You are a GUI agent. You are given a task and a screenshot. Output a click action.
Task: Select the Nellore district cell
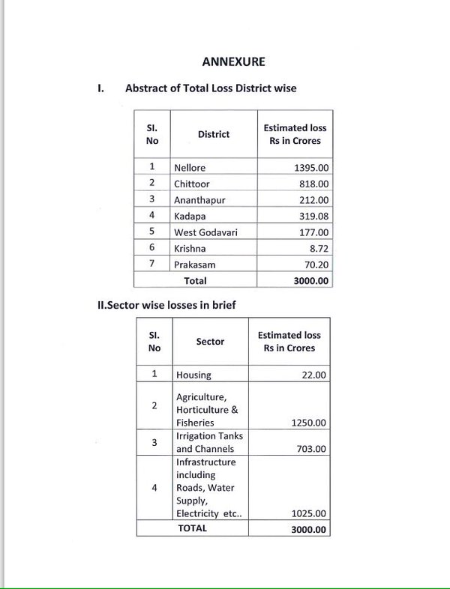point(189,168)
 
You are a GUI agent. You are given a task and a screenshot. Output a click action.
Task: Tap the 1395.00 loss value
point(307,168)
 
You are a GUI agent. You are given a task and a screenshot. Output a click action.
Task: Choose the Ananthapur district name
point(199,200)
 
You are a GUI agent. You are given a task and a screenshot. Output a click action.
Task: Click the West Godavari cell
point(206,232)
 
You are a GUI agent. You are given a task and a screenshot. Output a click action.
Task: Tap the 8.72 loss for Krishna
point(318,248)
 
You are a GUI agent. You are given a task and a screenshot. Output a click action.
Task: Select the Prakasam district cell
point(195,265)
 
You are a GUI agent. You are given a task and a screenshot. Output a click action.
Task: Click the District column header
point(214,134)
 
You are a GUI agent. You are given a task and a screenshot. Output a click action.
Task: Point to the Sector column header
point(210,342)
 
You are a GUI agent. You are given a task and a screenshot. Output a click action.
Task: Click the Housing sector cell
point(193,375)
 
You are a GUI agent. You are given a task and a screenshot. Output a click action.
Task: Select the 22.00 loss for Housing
point(313,375)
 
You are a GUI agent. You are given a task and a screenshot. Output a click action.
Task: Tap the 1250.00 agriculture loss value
point(307,423)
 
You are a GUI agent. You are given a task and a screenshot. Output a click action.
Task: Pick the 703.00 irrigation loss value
point(311,449)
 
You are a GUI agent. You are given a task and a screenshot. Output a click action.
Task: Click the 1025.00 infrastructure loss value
point(307,513)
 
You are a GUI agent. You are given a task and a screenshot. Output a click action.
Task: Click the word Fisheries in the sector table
point(195,423)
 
